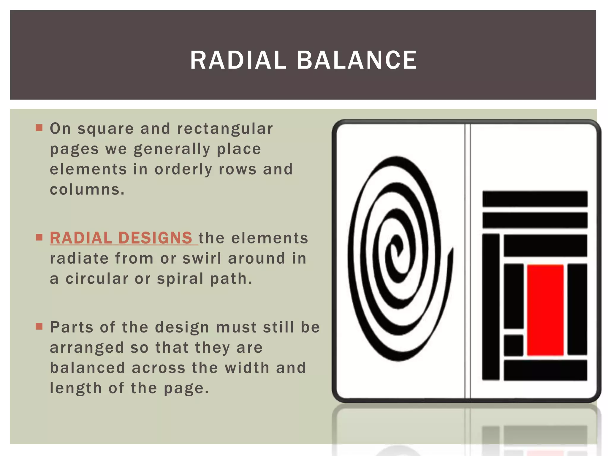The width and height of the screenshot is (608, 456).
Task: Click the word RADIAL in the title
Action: (238, 60)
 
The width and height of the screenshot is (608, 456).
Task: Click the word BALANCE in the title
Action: (357, 60)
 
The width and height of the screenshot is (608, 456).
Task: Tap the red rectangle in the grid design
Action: (545, 310)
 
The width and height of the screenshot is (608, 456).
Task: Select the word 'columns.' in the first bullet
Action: (87, 189)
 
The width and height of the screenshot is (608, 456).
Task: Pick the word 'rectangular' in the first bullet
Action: (225, 129)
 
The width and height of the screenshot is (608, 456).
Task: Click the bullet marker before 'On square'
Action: (39, 128)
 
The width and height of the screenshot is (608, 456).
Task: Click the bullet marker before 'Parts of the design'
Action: (39, 327)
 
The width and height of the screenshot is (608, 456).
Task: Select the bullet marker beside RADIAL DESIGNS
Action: (39, 237)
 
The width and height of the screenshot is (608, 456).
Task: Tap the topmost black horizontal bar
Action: (535, 199)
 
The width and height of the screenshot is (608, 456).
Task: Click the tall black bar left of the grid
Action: (491, 307)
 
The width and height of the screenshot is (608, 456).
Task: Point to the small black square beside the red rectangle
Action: (514, 345)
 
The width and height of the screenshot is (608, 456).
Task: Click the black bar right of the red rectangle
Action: (577, 309)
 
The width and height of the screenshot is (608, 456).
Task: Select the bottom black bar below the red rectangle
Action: (545, 370)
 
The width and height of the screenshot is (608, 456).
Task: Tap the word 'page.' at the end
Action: (186, 388)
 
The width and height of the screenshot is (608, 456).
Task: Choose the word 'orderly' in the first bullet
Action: (183, 170)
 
